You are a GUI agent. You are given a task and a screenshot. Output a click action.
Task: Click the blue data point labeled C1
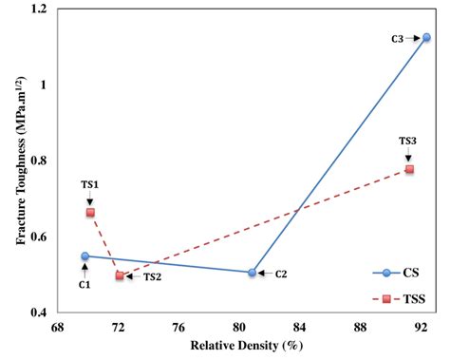(84, 256)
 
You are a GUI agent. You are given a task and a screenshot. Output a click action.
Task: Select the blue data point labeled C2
(252, 273)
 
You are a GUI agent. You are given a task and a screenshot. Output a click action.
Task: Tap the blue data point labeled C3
(426, 37)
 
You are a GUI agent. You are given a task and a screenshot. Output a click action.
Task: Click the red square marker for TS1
(90, 213)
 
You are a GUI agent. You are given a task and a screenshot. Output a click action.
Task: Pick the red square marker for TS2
(120, 275)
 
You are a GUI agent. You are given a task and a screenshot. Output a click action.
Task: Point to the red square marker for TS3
(409, 169)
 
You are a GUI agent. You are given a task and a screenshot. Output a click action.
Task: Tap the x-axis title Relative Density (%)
(242, 344)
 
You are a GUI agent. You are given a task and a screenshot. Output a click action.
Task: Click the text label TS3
(408, 141)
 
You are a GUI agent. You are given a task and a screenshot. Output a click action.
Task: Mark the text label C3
(398, 38)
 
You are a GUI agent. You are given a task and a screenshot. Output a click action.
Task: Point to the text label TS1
(90, 186)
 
